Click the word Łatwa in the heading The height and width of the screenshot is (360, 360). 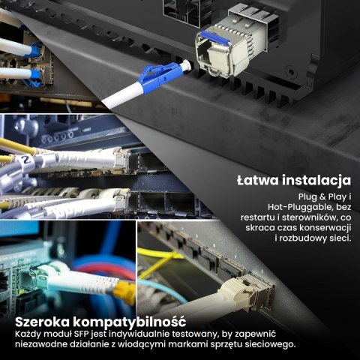[x=258, y=180]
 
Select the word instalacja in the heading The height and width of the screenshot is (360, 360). [x=316, y=181]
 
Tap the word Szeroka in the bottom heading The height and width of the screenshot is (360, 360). [x=42, y=322]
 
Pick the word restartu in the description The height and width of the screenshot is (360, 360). [x=257, y=217]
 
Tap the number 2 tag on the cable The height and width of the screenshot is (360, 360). [x=25, y=160]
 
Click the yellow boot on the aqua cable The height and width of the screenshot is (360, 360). [x=124, y=291]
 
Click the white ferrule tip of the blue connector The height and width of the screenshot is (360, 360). [x=187, y=66]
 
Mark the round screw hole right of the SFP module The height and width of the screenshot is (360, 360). [x=291, y=73]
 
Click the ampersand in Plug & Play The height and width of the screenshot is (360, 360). [x=322, y=197]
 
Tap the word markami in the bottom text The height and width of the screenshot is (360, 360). [x=187, y=344]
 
